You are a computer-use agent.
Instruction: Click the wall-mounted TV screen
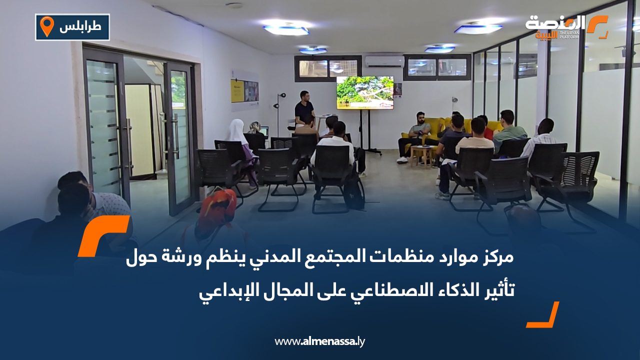coord(364,92)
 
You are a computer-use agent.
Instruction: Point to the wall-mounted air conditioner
coord(384,61)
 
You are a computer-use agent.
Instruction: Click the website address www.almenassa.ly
coord(320,341)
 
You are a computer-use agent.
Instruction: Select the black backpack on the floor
coord(354,193)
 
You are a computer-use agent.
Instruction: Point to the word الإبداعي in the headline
coord(220,289)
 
